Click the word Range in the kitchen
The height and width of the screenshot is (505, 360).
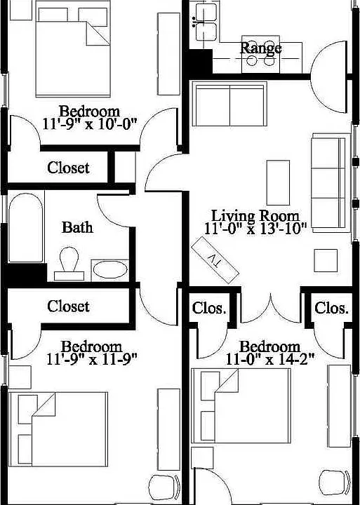coord(261,48)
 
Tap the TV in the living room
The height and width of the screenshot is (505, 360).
coord(215,260)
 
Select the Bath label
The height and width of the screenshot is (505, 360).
coord(77,227)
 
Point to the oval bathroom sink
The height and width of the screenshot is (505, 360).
coord(110,269)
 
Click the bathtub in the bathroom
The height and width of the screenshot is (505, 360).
coord(26,227)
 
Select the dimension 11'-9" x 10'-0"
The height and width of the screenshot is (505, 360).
coord(91,124)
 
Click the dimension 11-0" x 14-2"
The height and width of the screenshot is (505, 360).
coord(269,359)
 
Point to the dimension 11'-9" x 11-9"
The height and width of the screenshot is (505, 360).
coord(92,359)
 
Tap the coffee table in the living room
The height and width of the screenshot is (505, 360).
coord(278,182)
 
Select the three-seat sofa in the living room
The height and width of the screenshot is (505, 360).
coord(331,183)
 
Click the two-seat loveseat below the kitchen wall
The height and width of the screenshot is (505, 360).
coord(229,104)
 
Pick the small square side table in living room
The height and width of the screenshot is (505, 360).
coord(326,260)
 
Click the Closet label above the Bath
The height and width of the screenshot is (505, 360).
coord(68,168)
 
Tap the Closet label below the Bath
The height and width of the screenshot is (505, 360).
coord(68,307)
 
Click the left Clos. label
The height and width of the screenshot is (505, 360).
coord(209,308)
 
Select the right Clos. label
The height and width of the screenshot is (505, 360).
coord(332,308)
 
